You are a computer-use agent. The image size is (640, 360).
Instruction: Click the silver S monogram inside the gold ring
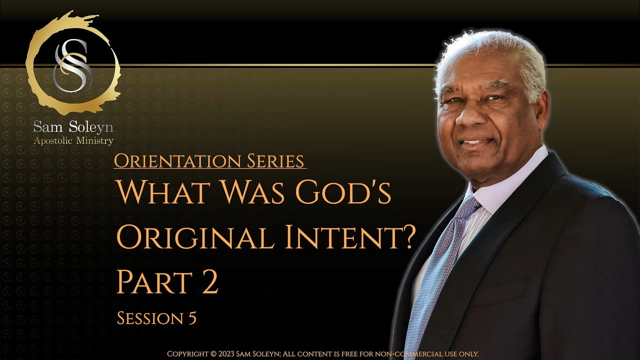[70, 65]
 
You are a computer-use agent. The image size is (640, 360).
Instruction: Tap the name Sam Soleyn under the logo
[73, 127]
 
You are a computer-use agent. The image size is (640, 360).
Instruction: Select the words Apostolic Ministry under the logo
[73, 141]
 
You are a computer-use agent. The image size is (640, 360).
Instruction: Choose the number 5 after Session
[191, 318]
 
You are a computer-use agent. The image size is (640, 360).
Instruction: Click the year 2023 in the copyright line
[234, 354]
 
